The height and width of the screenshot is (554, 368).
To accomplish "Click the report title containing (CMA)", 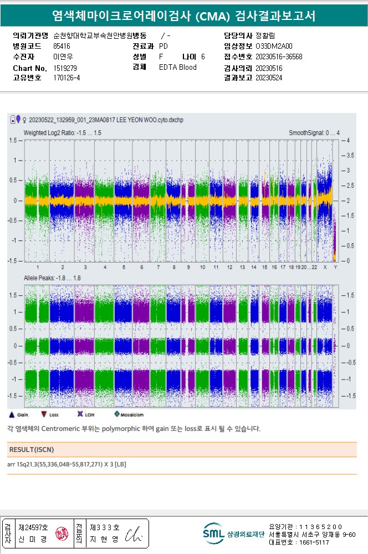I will point(183,16).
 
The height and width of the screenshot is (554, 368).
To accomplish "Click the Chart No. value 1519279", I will point(65,68).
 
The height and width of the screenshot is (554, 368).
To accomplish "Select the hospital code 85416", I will point(62,47).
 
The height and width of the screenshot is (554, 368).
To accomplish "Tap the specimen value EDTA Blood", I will point(177,68).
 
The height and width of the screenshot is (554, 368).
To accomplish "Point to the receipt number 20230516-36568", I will point(279,57).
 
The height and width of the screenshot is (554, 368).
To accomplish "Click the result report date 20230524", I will point(269,78).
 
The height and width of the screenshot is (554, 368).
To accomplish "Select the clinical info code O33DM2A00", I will point(274,47).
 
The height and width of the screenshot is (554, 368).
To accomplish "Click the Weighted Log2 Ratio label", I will point(62,133).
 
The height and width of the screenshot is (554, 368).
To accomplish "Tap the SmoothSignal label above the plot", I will point(314,133).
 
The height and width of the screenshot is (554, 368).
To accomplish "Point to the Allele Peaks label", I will point(52,276).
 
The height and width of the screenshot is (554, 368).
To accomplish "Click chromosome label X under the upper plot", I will point(325,267).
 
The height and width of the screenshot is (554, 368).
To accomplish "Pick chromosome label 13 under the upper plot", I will point(242,267).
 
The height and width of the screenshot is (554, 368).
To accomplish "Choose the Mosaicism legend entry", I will point(131,414).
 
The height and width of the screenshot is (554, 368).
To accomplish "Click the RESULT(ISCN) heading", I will point(32,449).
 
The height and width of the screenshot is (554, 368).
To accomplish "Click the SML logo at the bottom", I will point(213,533).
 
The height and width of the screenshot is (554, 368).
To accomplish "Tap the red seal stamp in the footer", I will point(60,534).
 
